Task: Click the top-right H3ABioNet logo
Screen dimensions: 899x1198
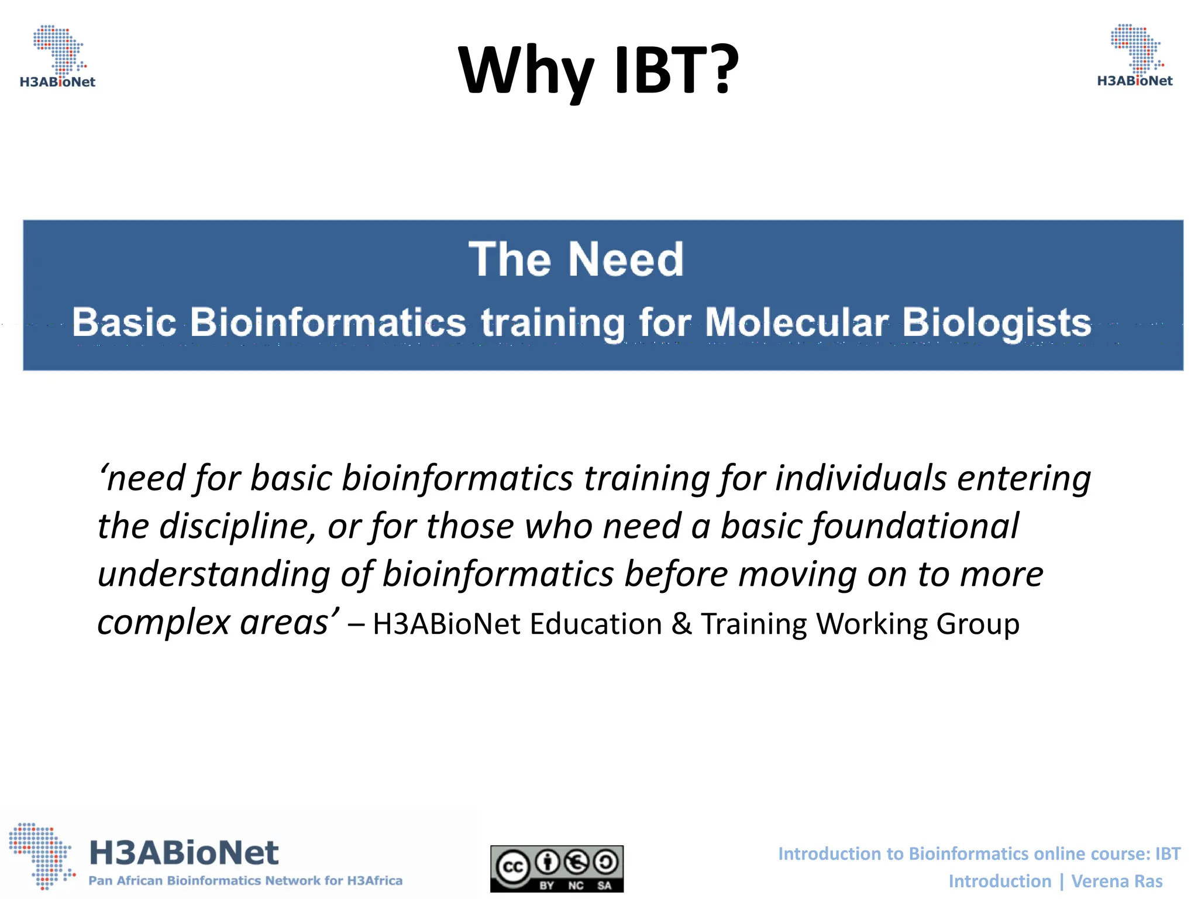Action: [x=1135, y=56]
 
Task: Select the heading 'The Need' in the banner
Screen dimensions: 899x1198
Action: [x=576, y=259]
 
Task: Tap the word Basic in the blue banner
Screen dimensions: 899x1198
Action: [x=124, y=322]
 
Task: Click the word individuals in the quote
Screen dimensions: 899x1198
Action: [x=860, y=478]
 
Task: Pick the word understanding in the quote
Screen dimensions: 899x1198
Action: [x=214, y=574]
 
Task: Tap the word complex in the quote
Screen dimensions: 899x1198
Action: [x=164, y=623]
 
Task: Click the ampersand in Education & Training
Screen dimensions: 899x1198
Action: [x=681, y=624]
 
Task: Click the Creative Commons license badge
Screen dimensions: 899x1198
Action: [x=556, y=869]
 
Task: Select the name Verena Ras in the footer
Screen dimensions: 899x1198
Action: [x=1117, y=881]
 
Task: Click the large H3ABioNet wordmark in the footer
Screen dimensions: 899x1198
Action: [x=184, y=852]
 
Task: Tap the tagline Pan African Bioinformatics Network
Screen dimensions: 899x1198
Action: [x=245, y=881]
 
